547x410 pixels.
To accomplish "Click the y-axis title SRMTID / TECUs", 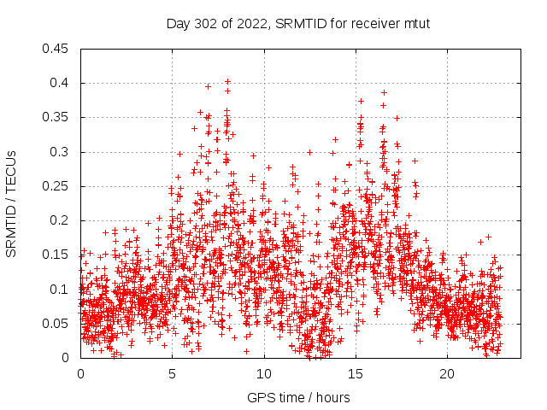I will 12,204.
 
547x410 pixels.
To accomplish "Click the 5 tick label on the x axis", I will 173,374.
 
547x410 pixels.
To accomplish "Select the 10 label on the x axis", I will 264,374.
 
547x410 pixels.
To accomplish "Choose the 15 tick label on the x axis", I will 356,374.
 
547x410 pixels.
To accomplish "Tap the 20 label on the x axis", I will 447,374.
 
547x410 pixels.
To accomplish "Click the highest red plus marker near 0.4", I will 227,82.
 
